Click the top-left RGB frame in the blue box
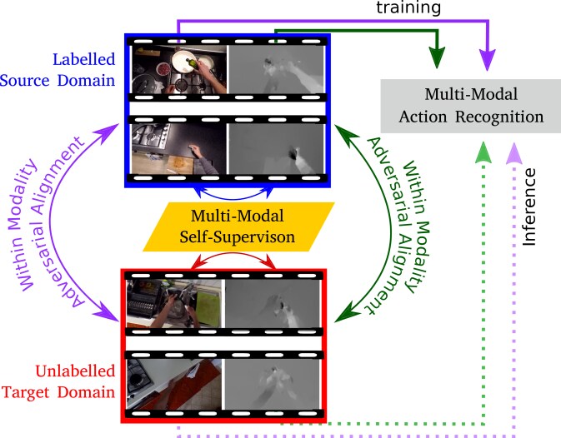click(x=178, y=69)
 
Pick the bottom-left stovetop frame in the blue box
click(x=178, y=147)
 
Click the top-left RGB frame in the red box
click(x=174, y=304)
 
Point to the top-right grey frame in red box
click(x=273, y=304)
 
